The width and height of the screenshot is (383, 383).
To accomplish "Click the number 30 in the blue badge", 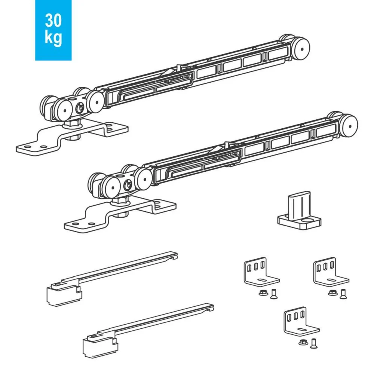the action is pyautogui.click(x=53, y=21).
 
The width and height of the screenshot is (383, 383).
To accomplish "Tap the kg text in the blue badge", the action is pyautogui.click(x=53, y=38).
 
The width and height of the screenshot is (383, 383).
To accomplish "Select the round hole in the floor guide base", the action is pyautogui.click(x=307, y=221).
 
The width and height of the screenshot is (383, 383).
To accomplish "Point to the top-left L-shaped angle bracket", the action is pyautogui.click(x=261, y=272).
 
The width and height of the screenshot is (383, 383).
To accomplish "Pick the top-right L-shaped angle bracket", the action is pyautogui.click(x=331, y=272).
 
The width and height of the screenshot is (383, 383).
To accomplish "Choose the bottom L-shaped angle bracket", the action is pyautogui.click(x=301, y=322).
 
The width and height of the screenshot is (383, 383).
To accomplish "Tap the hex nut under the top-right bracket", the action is pyautogui.click(x=333, y=292).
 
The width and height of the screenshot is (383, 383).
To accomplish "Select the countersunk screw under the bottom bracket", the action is pyautogui.click(x=313, y=343).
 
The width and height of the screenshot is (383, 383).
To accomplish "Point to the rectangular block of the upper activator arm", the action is pyautogui.click(x=64, y=295).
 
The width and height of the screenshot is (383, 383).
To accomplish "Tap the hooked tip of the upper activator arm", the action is pyautogui.click(x=174, y=256).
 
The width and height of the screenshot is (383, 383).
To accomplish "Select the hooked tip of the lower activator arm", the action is pyautogui.click(x=210, y=308).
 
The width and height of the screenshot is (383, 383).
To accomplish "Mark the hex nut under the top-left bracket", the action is pyautogui.click(x=263, y=292).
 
